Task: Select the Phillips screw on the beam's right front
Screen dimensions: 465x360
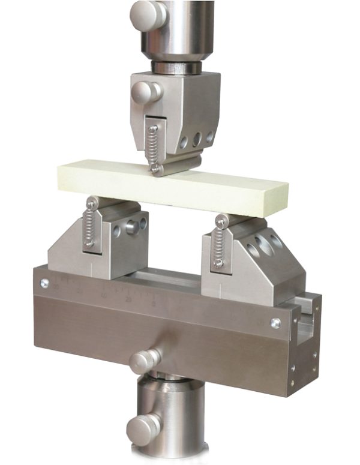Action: click(x=275, y=323)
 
